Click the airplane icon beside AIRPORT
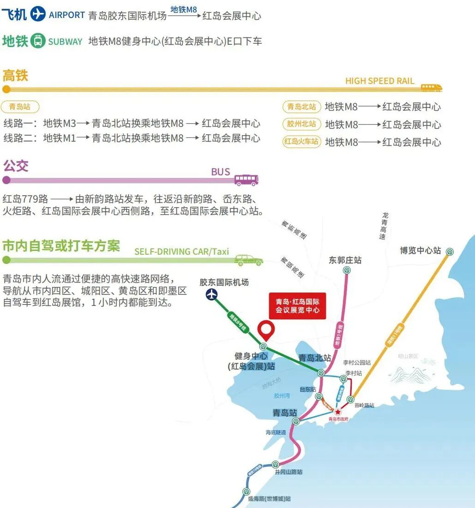(x=38, y=14)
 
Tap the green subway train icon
(x=38, y=41)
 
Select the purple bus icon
(x=246, y=179)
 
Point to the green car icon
(x=248, y=260)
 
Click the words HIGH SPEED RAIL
(x=380, y=81)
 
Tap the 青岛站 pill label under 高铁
(x=20, y=107)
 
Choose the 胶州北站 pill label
(x=302, y=124)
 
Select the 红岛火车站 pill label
(x=302, y=142)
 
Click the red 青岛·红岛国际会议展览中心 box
(x=298, y=305)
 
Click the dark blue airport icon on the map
(x=212, y=294)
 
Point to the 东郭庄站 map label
(x=345, y=260)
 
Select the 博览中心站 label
(x=420, y=251)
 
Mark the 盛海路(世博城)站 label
(x=269, y=499)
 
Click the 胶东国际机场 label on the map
(x=224, y=282)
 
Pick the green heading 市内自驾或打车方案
(x=61, y=245)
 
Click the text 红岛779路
(x=25, y=199)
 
